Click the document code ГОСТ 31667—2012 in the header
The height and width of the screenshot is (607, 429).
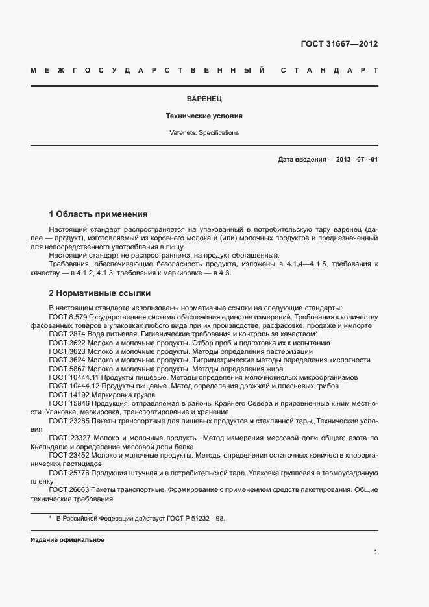[339, 44]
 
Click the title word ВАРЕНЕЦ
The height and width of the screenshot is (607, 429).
[204, 99]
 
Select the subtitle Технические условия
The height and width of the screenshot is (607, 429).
[204, 116]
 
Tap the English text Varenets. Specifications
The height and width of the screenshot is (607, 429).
[204, 133]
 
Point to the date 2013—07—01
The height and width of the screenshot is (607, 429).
[356, 159]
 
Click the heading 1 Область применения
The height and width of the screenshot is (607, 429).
[99, 214]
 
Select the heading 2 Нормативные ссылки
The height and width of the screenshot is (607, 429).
[100, 293]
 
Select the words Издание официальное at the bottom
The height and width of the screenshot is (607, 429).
[67, 540]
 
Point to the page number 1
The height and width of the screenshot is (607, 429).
[376, 552]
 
